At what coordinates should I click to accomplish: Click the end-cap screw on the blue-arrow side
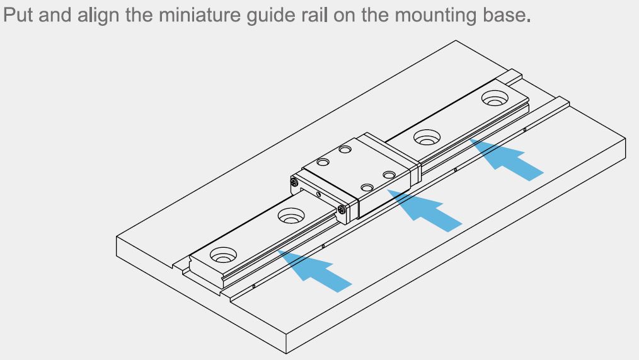pyautogui.click(x=342, y=208)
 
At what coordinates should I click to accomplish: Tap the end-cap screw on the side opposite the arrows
pyautogui.click(x=295, y=183)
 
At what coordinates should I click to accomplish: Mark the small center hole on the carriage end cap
pyautogui.click(x=318, y=195)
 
